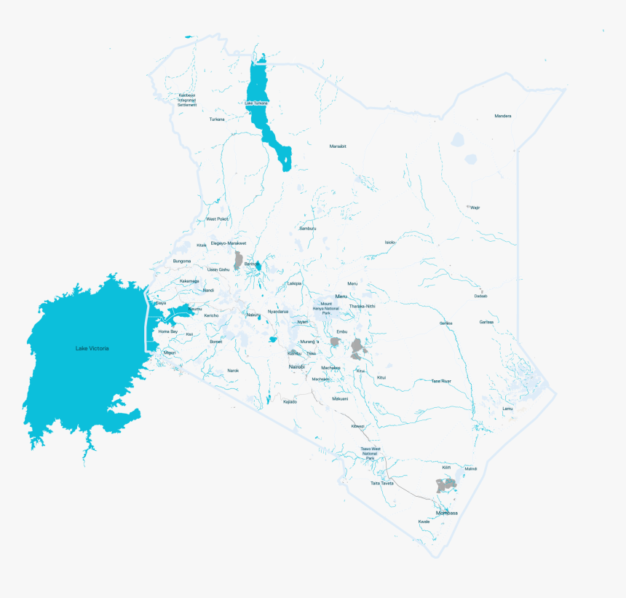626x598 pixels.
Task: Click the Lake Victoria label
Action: [x=92, y=348]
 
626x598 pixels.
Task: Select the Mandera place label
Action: [x=503, y=116]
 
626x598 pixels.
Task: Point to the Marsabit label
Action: [x=338, y=146]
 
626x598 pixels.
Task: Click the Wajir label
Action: [x=475, y=207]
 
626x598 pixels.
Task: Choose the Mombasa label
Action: [x=447, y=513]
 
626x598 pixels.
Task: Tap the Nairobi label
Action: [x=297, y=366]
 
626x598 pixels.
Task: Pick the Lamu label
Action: [x=507, y=409]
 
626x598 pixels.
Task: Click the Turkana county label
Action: [x=217, y=119]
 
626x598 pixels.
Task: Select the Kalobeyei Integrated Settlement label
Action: [x=188, y=100]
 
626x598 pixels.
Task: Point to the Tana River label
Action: [x=441, y=380]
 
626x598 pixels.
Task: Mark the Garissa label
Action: [x=486, y=321]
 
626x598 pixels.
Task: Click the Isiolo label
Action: [x=390, y=242]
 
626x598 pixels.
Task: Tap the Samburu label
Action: [x=308, y=228]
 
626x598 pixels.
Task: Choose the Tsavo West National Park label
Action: [x=371, y=453]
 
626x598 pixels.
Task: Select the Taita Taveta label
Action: [x=381, y=483]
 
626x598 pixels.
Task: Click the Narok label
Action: [x=233, y=370]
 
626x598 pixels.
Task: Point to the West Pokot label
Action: [x=217, y=219]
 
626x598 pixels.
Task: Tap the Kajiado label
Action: [x=290, y=401]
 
